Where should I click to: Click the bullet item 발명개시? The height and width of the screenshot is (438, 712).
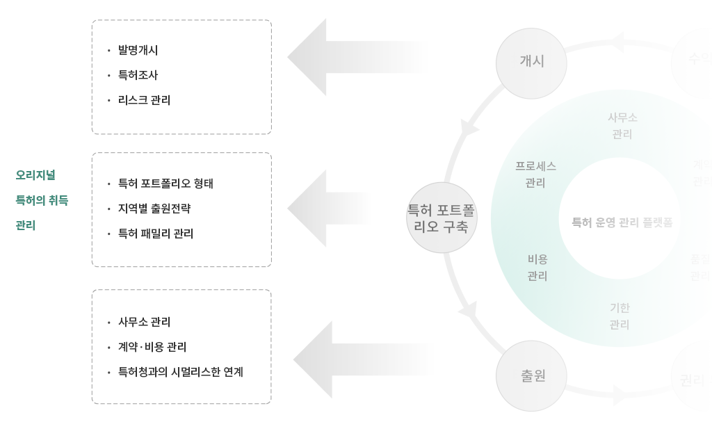[x=138, y=50]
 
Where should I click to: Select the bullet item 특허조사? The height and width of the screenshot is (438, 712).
[x=138, y=75]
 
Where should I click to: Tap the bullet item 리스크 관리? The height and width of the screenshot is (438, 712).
[x=144, y=100]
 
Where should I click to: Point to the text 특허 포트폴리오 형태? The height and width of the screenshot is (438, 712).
[x=165, y=184]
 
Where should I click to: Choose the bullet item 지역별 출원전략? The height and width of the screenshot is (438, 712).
[x=154, y=209]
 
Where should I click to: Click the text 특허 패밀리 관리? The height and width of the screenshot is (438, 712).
[x=156, y=234]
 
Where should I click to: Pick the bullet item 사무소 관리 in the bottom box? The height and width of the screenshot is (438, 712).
[x=144, y=322]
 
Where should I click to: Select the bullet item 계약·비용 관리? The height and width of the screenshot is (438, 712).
[x=152, y=347]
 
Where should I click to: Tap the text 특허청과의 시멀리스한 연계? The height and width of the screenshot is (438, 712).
[x=180, y=372]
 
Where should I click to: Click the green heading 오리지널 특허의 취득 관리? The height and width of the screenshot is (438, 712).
[x=42, y=200]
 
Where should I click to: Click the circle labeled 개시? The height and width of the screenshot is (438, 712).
[x=531, y=63]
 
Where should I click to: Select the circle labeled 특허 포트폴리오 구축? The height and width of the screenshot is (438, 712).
[x=442, y=218]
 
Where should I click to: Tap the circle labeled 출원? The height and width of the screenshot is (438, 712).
[x=532, y=375]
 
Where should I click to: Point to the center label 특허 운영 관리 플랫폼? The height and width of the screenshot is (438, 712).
[x=622, y=222]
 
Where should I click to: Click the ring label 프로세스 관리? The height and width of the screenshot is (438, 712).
[x=535, y=175]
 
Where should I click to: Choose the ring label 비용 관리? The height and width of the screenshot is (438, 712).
[x=537, y=268]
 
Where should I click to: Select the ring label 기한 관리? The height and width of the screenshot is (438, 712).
[x=620, y=316]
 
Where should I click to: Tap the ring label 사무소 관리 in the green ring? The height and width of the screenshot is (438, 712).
[x=622, y=126]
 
